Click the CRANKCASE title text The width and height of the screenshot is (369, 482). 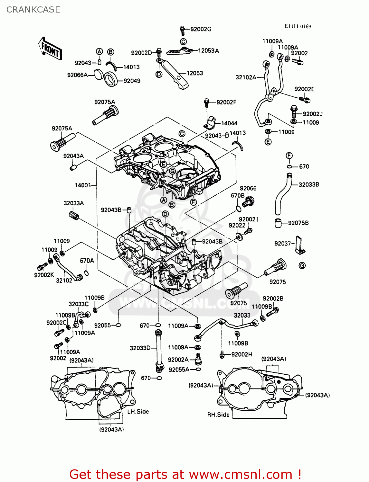(x=33, y=10)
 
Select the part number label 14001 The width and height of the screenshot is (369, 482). (x=83, y=185)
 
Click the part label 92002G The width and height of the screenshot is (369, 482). (x=201, y=29)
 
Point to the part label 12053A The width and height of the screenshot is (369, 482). (x=208, y=51)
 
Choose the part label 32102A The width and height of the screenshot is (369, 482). (x=246, y=77)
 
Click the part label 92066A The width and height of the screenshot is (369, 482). (x=77, y=75)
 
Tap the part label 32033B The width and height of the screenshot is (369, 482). (x=308, y=184)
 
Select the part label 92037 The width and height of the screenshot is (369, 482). (x=282, y=244)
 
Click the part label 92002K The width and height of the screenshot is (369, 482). (x=44, y=275)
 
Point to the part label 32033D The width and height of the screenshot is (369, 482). (x=140, y=348)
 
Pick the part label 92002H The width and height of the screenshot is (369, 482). (x=241, y=354)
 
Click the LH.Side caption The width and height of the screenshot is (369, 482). (x=138, y=412)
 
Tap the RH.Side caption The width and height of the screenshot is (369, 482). (x=218, y=415)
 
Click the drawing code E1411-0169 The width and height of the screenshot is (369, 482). (x=298, y=26)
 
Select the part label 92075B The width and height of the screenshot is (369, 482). (x=298, y=223)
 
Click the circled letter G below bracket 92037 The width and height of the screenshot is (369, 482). (x=302, y=266)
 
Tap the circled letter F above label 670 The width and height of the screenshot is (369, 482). (x=289, y=156)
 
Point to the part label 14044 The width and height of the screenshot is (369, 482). (x=229, y=123)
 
